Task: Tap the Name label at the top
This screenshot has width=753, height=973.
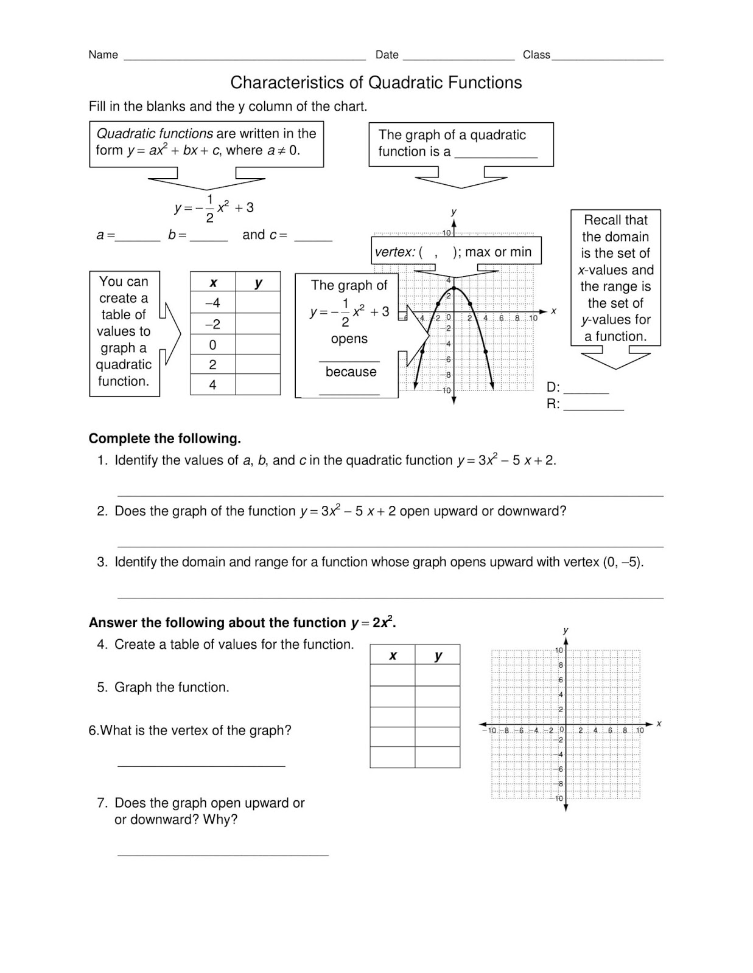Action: click(103, 55)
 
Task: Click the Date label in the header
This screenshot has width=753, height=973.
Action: click(387, 55)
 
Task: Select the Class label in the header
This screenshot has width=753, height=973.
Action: click(536, 55)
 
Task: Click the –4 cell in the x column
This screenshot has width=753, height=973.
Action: click(212, 303)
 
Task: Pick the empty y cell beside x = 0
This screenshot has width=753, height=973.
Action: click(257, 345)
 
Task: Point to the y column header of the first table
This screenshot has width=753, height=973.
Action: click(258, 283)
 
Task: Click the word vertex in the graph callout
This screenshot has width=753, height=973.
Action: click(393, 252)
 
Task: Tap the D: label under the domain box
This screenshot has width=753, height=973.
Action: click(553, 387)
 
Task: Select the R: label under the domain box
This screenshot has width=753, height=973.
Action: click(553, 404)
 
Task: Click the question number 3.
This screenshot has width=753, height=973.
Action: click(101, 562)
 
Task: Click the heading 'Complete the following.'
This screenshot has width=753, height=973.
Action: click(164, 438)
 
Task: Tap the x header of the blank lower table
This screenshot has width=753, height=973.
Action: click(393, 656)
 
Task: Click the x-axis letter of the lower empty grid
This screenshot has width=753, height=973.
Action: click(659, 724)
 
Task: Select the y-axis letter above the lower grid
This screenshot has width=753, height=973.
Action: click(566, 630)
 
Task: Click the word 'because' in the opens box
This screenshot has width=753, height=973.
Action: click(351, 372)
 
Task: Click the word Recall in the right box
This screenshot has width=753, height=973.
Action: click(600, 220)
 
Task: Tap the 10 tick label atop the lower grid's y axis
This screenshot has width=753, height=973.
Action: click(558, 651)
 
